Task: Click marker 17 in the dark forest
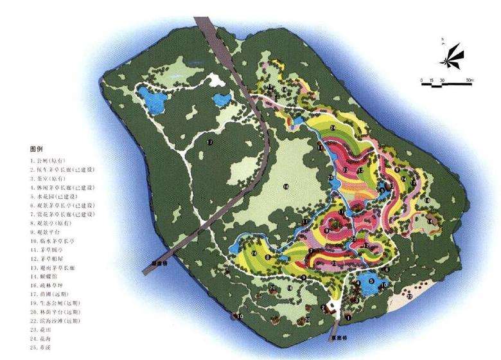209,141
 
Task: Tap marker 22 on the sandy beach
410,296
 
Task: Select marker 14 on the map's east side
430,221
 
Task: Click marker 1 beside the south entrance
348,316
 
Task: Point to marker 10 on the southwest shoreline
240,316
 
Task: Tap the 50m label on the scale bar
470,79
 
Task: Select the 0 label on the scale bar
422,79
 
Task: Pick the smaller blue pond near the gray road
222,99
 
